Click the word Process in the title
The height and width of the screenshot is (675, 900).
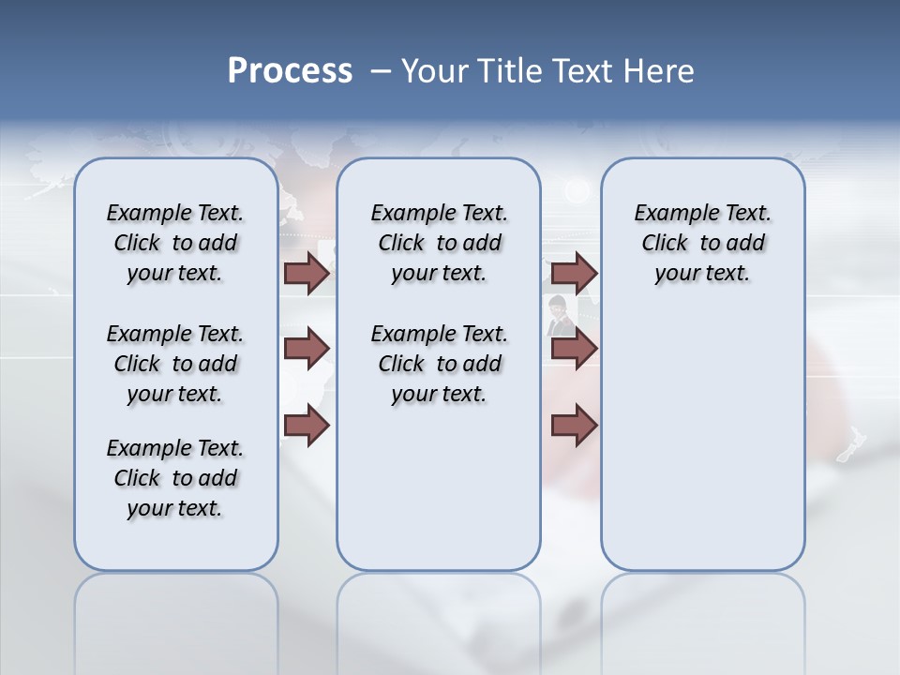[x=290, y=71]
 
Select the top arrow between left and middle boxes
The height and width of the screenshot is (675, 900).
[x=307, y=274]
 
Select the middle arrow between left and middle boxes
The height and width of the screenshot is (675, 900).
[x=307, y=349]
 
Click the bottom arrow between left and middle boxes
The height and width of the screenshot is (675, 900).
[x=307, y=426]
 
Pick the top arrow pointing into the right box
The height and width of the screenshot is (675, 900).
[x=574, y=274]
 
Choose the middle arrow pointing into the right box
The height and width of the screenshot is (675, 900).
[x=574, y=349]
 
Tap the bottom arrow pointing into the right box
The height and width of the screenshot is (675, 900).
[x=574, y=426]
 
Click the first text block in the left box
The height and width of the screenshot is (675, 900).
[x=175, y=243]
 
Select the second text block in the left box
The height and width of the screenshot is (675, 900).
[x=175, y=364]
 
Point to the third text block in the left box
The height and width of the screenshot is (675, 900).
[x=175, y=478]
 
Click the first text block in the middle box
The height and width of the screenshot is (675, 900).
[x=439, y=243]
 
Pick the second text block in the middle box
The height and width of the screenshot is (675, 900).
[x=439, y=364]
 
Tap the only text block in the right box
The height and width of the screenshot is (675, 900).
[x=702, y=243]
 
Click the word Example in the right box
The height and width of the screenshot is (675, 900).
[x=668, y=214]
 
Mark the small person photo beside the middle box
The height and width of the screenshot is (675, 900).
[x=559, y=314]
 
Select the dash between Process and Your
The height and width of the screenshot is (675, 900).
[x=381, y=71]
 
